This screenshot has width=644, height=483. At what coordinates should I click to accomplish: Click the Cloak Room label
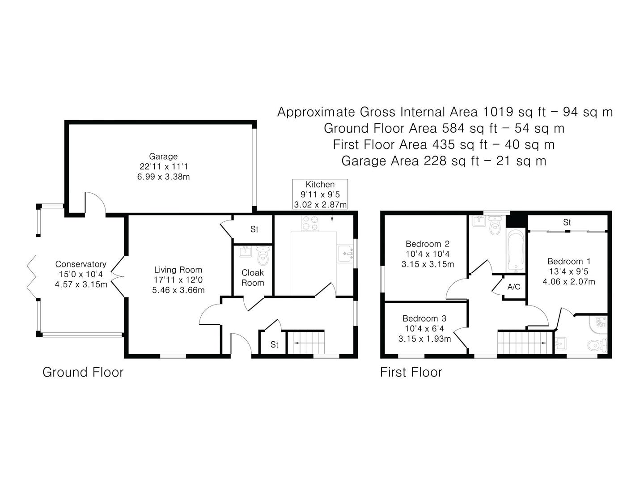pyautogui.click(x=253, y=277)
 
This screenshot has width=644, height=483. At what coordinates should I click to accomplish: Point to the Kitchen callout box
pyautogui.click(x=320, y=195)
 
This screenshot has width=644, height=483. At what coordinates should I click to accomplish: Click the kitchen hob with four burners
pyautogui.click(x=310, y=224)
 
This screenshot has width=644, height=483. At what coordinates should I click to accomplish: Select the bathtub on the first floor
pyautogui.click(x=517, y=250)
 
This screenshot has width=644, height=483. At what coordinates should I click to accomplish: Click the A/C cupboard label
pyautogui.click(x=514, y=287)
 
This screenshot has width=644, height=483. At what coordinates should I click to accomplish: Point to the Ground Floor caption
pyautogui.click(x=83, y=372)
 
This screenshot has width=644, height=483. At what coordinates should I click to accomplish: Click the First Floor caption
pyautogui.click(x=411, y=372)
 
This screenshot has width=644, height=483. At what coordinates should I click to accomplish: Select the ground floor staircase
pyautogui.click(x=305, y=343)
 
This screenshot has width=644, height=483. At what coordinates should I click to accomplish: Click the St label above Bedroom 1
pyautogui.click(x=567, y=222)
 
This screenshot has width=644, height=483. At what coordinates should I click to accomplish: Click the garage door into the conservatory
pyautogui.click(x=95, y=203)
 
